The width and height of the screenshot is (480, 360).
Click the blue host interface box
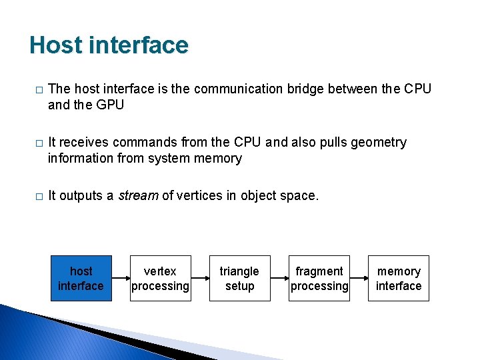pos(81,279)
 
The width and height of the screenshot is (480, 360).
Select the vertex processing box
pos(160,279)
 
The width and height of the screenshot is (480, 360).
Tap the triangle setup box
pos(239,279)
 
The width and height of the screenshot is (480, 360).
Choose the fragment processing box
pos(319,279)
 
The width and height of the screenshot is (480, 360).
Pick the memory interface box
pos(399,279)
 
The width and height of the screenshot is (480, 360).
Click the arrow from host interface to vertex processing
pos(121,279)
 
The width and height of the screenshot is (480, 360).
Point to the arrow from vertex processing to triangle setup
pos(200,279)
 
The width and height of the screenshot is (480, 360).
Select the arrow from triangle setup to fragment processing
pos(279,279)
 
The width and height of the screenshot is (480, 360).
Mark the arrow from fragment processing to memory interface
pos(359,279)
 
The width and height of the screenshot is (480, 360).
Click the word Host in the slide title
pos(55,45)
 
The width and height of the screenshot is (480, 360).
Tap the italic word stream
pos(137,195)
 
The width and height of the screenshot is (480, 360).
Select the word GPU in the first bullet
pos(109,105)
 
